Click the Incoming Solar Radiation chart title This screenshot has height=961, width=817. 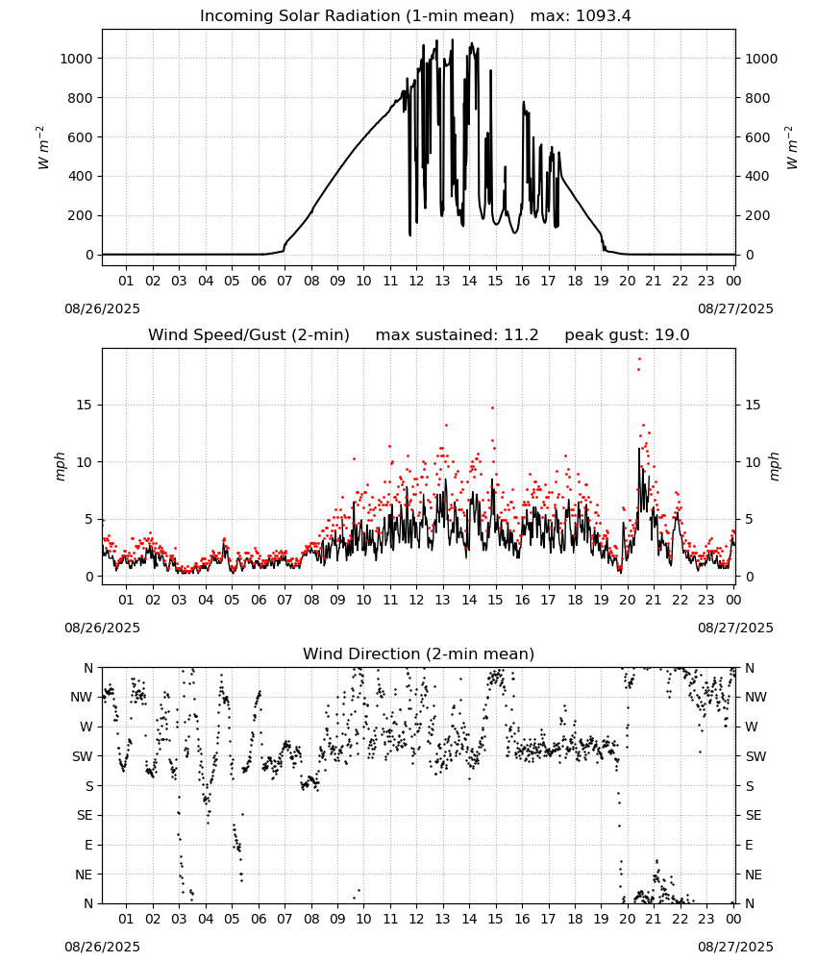[x=357, y=16]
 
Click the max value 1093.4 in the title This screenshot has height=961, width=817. [x=604, y=16]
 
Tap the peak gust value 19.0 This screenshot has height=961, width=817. [x=672, y=335]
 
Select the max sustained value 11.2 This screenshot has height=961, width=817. [x=521, y=335]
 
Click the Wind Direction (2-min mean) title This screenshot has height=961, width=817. [x=419, y=653]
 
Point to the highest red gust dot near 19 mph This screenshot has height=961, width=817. [x=639, y=359]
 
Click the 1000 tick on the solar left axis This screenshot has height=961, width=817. [x=77, y=59]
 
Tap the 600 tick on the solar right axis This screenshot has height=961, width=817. [x=757, y=137]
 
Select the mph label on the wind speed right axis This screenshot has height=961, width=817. [x=774, y=467]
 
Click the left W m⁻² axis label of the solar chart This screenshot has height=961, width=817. [x=43, y=148]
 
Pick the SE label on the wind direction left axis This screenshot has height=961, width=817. [x=85, y=816]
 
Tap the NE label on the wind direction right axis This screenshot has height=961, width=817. [x=754, y=875]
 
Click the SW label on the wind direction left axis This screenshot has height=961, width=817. [x=83, y=757]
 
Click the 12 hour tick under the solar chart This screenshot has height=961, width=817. [x=417, y=282]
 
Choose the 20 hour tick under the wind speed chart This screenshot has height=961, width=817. [x=628, y=600]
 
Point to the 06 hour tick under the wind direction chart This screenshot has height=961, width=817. [x=259, y=920]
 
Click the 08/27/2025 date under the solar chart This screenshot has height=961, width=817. [x=735, y=308]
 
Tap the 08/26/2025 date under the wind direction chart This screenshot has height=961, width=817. [x=102, y=947]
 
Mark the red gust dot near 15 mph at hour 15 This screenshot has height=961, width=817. [x=492, y=407]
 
